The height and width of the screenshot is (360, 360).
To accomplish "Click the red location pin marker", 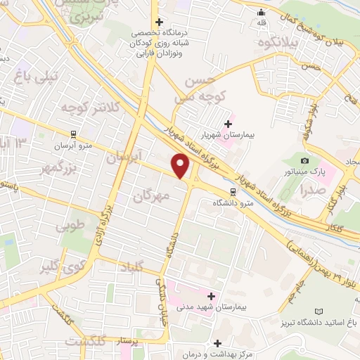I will tap(181, 166).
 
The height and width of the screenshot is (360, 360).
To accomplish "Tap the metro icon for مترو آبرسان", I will tap(73, 134).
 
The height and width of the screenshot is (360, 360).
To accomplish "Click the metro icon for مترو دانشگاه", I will tap(233, 191).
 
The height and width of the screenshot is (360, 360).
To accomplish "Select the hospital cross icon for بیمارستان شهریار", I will tap(229, 123).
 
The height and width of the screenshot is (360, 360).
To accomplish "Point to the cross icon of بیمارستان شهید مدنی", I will tap(211, 297).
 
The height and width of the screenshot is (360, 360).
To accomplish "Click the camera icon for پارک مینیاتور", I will tap(304, 161).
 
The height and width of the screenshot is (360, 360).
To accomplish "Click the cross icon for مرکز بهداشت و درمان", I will tap(218, 344).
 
